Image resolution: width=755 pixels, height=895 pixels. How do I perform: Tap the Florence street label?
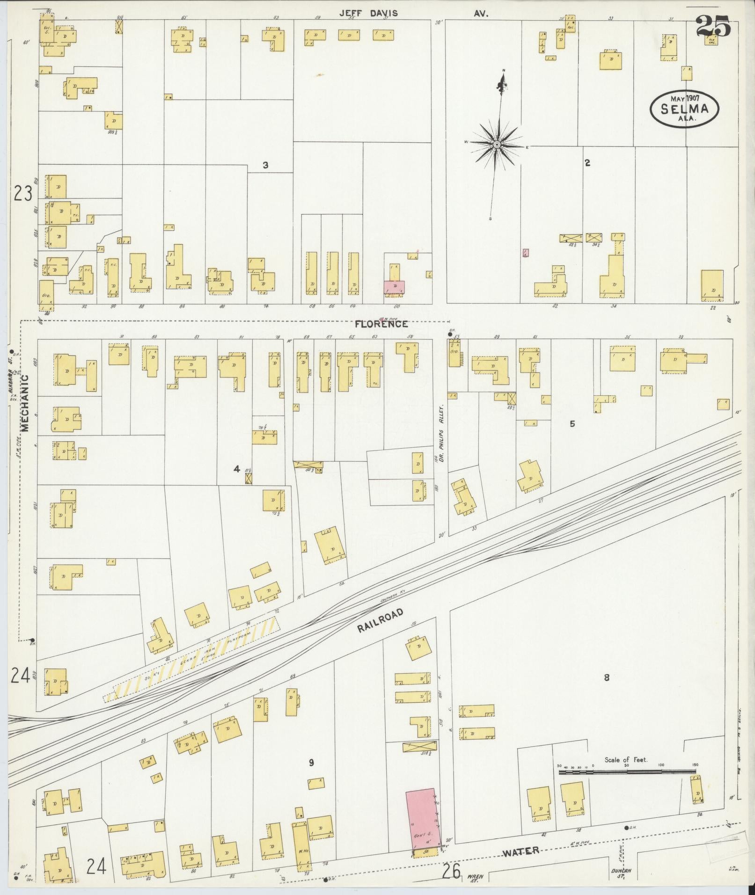tap(381, 324)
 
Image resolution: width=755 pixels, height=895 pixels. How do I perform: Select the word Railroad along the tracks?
tap(380, 621)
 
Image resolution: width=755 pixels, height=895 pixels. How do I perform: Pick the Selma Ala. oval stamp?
tap(684, 108)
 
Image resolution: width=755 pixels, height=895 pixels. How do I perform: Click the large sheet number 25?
tap(712, 26)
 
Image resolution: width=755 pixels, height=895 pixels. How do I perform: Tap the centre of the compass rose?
tap(497, 146)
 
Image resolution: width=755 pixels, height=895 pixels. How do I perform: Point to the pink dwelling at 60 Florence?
tap(395, 287)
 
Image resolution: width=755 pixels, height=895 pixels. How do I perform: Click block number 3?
tap(265, 165)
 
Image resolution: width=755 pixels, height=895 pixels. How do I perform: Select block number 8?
tap(607, 677)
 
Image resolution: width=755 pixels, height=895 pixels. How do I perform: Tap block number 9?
tap(311, 763)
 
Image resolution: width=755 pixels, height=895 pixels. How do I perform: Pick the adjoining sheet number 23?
tap(22, 193)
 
